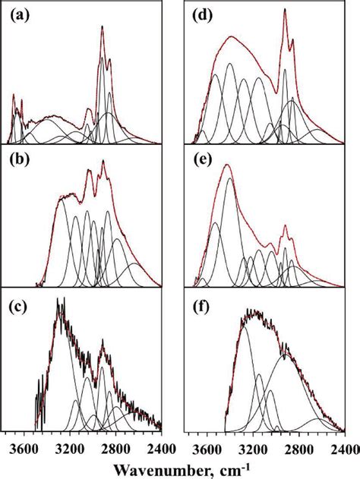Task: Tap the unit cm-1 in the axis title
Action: point(232,465)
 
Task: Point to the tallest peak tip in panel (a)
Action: point(103,27)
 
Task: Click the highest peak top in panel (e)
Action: point(227,165)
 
